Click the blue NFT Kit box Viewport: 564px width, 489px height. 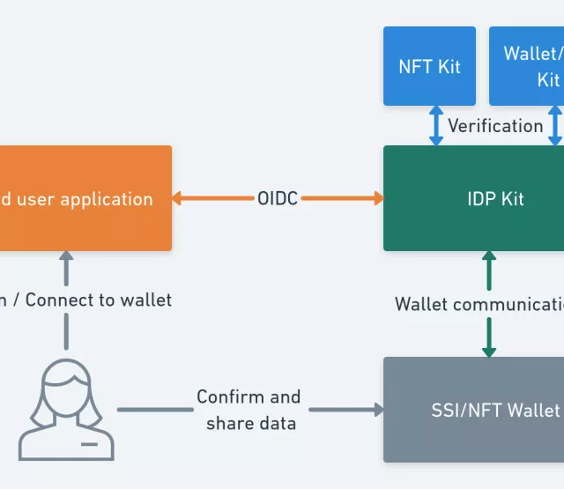(x=429, y=66)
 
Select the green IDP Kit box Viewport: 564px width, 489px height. (x=473, y=199)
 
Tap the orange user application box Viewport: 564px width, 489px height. (x=85, y=198)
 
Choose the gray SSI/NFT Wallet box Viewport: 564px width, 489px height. (x=473, y=410)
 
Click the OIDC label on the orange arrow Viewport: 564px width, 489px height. (x=278, y=199)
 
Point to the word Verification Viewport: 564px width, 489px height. (x=495, y=126)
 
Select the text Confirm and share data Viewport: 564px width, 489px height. (x=249, y=410)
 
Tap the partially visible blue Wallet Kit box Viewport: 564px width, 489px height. (x=527, y=66)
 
